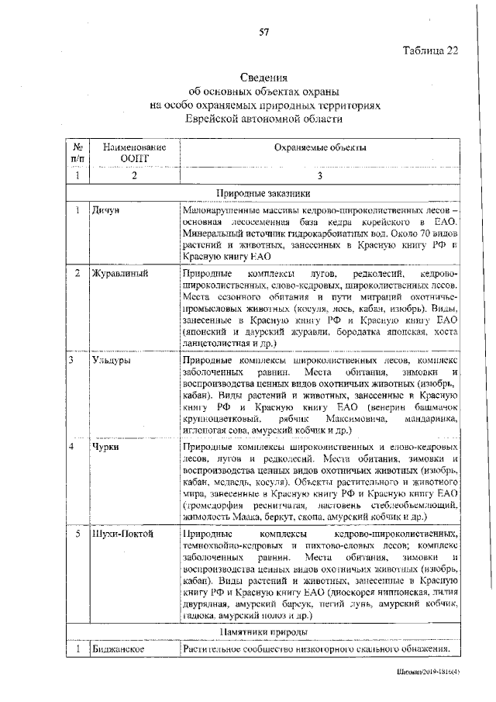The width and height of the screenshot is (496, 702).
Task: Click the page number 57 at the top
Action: click(x=263, y=31)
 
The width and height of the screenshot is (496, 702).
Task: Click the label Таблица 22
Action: click(x=432, y=52)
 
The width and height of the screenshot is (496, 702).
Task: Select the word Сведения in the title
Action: click(x=263, y=78)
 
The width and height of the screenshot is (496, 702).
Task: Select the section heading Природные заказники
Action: click(x=263, y=194)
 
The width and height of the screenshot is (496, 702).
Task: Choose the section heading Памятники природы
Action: click(x=263, y=633)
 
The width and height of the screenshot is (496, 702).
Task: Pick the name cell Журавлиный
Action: click(x=119, y=274)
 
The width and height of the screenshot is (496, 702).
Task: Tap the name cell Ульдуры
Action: click(x=112, y=361)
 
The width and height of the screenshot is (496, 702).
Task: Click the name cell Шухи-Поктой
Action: click(x=122, y=535)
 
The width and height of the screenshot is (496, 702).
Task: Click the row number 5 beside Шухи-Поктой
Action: click(x=77, y=535)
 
